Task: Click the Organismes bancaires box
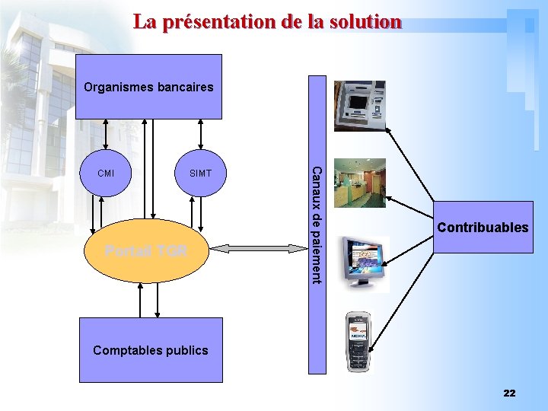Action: click(148, 87)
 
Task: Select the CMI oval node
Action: click(107, 173)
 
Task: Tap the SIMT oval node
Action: click(200, 173)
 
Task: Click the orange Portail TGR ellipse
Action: click(145, 251)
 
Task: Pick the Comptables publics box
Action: click(151, 350)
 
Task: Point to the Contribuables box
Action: click(482, 227)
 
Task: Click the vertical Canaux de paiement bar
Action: click(317, 225)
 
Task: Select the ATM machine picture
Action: click(359, 106)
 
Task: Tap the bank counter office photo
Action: click(360, 183)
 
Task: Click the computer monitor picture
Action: click(365, 263)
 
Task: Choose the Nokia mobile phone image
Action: click(358, 342)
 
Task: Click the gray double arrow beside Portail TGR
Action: click(260, 247)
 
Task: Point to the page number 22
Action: click(509, 393)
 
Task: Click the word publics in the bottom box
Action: click(186, 350)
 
